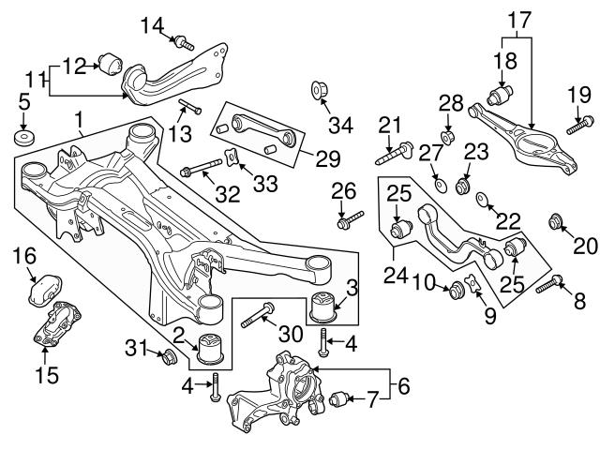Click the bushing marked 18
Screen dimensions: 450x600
pos(502,96)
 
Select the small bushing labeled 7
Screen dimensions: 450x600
pos(340,402)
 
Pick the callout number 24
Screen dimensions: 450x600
pos(396,277)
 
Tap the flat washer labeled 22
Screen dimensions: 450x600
pos(483,199)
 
